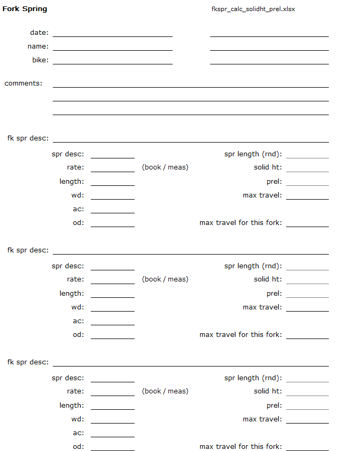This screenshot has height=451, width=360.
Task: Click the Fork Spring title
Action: pos(25,9)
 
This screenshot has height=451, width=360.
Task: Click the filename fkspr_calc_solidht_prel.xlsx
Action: pos(253,10)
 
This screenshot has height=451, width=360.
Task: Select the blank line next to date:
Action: pos(112,33)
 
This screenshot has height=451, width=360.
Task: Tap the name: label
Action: pos(38,46)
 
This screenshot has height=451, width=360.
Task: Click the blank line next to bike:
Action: pos(112,60)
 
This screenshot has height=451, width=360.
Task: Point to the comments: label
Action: pos(24,83)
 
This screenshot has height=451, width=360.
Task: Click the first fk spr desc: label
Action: pos(28,138)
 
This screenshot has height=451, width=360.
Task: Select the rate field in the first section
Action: pos(112,168)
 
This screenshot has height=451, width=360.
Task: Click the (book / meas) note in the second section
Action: pos(165,279)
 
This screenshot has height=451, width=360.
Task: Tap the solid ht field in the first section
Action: pos(307,168)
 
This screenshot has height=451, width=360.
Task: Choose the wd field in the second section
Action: pos(112,307)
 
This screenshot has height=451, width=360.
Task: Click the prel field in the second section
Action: pos(307,294)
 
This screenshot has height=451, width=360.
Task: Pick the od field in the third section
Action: pos(112,447)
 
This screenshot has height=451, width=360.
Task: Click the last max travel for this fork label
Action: pos(241,447)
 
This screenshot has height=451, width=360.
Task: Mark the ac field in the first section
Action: pos(112,209)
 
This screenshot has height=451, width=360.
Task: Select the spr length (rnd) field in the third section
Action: pos(307,378)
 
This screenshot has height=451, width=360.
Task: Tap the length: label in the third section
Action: pos(71,406)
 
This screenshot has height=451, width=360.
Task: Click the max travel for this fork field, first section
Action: pos(307,223)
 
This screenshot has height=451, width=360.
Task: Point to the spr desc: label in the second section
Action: pos(68,266)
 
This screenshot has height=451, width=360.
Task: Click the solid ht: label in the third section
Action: pos(268,391)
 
